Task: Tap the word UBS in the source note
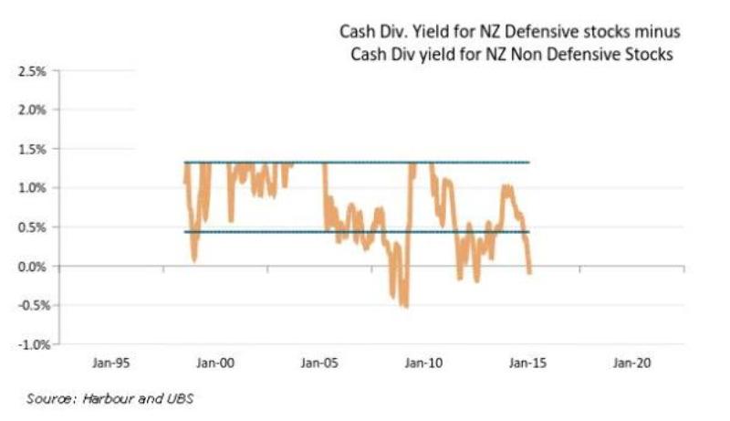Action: (182, 398)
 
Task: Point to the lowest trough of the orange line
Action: (404, 307)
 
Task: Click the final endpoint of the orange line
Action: (529, 272)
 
